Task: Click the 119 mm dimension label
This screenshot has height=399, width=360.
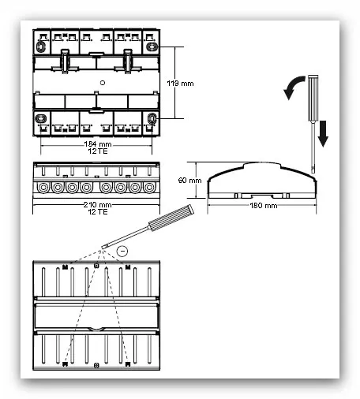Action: (180, 84)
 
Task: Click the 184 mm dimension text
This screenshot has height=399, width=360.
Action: (98, 144)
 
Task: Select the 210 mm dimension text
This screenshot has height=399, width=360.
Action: (97, 204)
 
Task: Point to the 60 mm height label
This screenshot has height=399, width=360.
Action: (189, 181)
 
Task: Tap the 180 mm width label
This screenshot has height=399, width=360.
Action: (264, 205)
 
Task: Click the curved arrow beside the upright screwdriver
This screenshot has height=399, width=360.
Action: (291, 85)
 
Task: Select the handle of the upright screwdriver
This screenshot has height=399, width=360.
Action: (313, 98)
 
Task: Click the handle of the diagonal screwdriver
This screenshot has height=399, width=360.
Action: (171, 218)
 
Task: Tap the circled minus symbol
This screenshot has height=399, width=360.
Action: (122, 251)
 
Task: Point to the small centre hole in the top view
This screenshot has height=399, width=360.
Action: (103, 83)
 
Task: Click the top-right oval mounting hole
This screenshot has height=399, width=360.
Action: (152, 47)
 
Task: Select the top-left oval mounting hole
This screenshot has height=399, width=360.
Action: (40, 47)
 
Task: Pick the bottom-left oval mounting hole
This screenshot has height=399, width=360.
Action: (41, 119)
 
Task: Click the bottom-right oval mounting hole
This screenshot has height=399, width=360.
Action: (152, 118)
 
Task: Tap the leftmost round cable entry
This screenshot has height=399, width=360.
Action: (43, 188)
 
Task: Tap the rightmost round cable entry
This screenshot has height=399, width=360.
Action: (149, 188)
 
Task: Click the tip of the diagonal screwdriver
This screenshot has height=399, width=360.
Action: (103, 248)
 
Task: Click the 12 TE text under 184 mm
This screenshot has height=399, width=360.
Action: (98, 151)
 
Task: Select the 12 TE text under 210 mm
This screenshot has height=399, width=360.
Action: (98, 211)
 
